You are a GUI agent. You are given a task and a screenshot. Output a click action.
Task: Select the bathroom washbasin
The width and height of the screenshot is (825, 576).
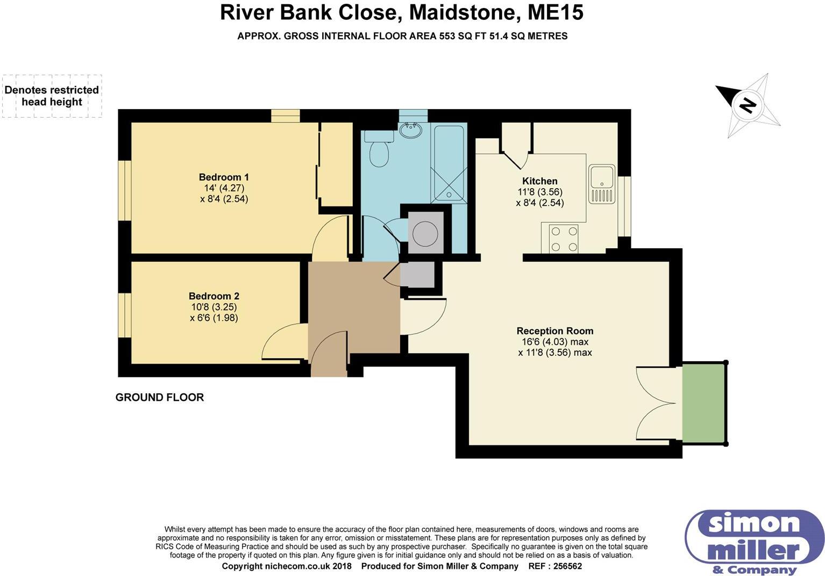(x=411, y=129)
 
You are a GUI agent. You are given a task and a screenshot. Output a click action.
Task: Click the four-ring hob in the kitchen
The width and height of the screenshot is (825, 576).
(x=563, y=239)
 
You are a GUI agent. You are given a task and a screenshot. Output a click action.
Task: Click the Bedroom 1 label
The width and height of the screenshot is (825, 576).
(x=224, y=177)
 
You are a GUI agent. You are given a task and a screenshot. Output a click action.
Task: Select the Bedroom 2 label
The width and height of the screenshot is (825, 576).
(x=214, y=296)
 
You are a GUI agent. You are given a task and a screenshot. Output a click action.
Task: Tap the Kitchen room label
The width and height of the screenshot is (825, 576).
(x=539, y=181)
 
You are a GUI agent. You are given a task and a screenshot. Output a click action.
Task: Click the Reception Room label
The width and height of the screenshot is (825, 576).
(x=554, y=331)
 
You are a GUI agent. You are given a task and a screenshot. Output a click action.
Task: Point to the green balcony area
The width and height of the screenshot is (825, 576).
(x=703, y=403)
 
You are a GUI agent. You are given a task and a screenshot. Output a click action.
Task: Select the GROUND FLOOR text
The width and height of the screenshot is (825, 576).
(x=160, y=398)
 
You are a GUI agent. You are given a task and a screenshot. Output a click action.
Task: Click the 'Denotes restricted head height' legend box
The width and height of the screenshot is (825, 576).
(x=52, y=96)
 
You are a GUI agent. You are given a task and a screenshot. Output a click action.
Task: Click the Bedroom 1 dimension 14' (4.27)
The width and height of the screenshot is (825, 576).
(x=224, y=188)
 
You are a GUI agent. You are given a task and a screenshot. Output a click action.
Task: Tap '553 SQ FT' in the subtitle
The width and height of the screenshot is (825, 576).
(x=481, y=36)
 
